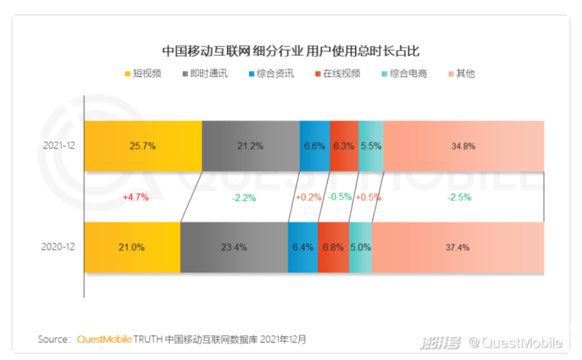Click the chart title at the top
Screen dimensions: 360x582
tap(290, 51)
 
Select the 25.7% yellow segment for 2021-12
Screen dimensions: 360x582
tap(143, 145)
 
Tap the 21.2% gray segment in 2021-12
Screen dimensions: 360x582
tap(251, 145)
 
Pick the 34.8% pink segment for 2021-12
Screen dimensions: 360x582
tap(463, 145)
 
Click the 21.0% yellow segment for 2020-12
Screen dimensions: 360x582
tap(132, 247)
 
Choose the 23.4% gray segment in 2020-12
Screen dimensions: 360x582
tap(233, 247)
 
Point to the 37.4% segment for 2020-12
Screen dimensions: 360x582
tap(457, 247)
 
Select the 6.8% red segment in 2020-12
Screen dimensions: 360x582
tap(333, 247)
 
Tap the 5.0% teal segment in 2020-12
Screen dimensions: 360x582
tap(360, 247)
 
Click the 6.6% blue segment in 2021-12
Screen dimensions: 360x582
tap(315, 145)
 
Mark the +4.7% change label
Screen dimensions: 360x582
tap(135, 196)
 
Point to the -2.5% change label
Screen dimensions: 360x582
tap(458, 196)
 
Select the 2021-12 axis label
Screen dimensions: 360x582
tap(59, 145)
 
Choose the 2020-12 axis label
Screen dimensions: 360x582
tap(59, 247)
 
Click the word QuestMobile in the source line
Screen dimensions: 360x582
tap(109, 339)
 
